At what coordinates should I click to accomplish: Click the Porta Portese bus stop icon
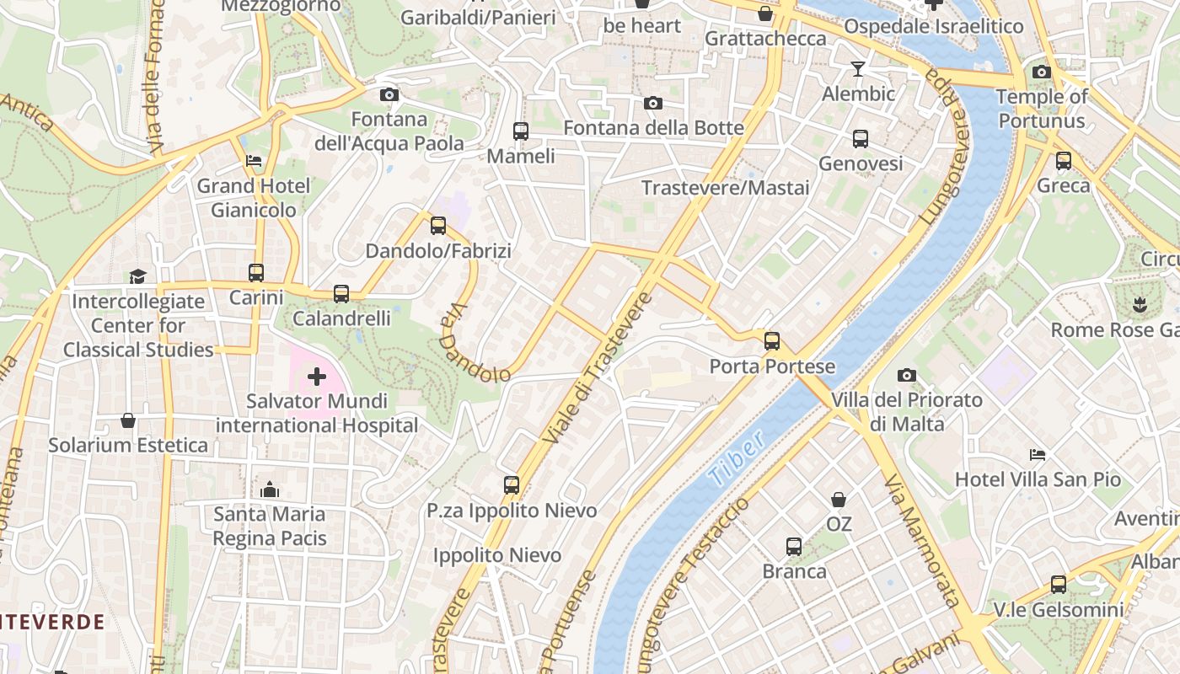pyautogui.click(x=772, y=341)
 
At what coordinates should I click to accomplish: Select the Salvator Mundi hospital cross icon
pyautogui.click(x=317, y=376)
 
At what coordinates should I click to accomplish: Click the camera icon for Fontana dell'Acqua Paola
pyautogui.click(x=389, y=94)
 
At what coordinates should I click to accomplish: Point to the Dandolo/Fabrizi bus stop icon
pyautogui.click(x=437, y=225)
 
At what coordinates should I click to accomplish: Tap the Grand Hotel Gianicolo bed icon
pyautogui.click(x=254, y=160)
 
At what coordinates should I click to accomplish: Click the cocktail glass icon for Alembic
pyautogui.click(x=858, y=68)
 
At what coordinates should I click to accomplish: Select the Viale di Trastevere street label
pyautogui.click(x=598, y=369)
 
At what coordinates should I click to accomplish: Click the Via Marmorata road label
pyautogui.click(x=922, y=539)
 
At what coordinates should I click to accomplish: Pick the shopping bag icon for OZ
pyautogui.click(x=839, y=500)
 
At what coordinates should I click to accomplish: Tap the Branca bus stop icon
pyautogui.click(x=794, y=546)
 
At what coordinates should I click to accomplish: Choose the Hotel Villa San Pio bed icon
pyautogui.click(x=1038, y=455)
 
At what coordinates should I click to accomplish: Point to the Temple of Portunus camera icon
pyautogui.click(x=1042, y=72)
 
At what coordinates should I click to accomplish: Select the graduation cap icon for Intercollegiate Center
pyautogui.click(x=137, y=276)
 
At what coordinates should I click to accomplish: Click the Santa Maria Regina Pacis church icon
pyautogui.click(x=270, y=489)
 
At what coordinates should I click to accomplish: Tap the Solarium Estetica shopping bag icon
pyautogui.click(x=128, y=420)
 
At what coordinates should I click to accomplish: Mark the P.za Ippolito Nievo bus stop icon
pyautogui.click(x=512, y=484)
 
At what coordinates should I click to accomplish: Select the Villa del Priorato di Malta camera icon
pyautogui.click(x=907, y=375)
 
